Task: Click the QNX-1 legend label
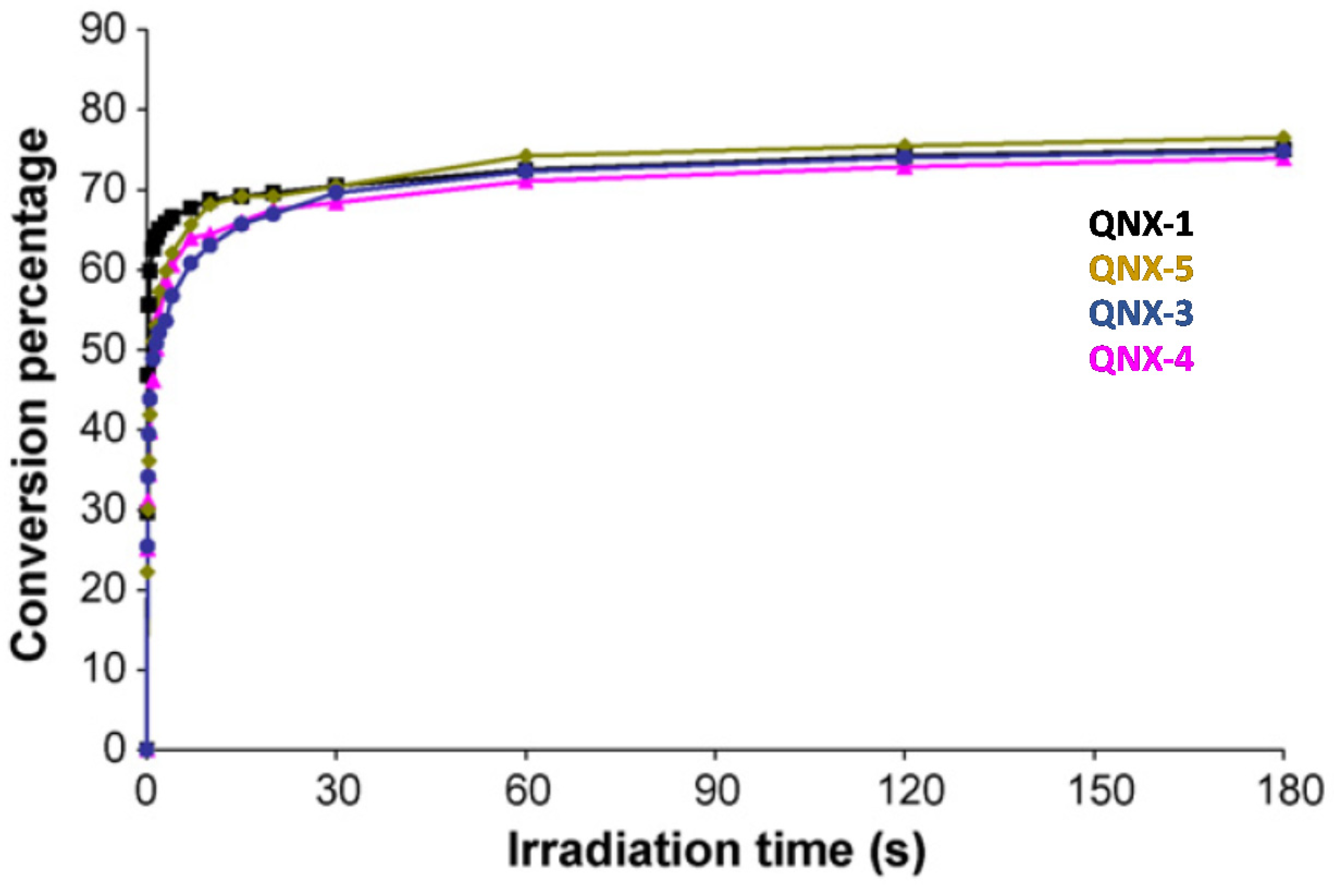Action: (1141, 224)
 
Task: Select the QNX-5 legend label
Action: (1141, 269)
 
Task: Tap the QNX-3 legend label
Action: (1141, 314)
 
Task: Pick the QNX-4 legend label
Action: (1141, 358)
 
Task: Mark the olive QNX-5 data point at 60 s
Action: (525, 154)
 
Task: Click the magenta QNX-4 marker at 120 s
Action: (904, 168)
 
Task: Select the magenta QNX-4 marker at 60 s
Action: (525, 182)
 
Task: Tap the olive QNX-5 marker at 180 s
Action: (1284, 137)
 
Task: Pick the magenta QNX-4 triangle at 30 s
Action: (336, 203)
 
